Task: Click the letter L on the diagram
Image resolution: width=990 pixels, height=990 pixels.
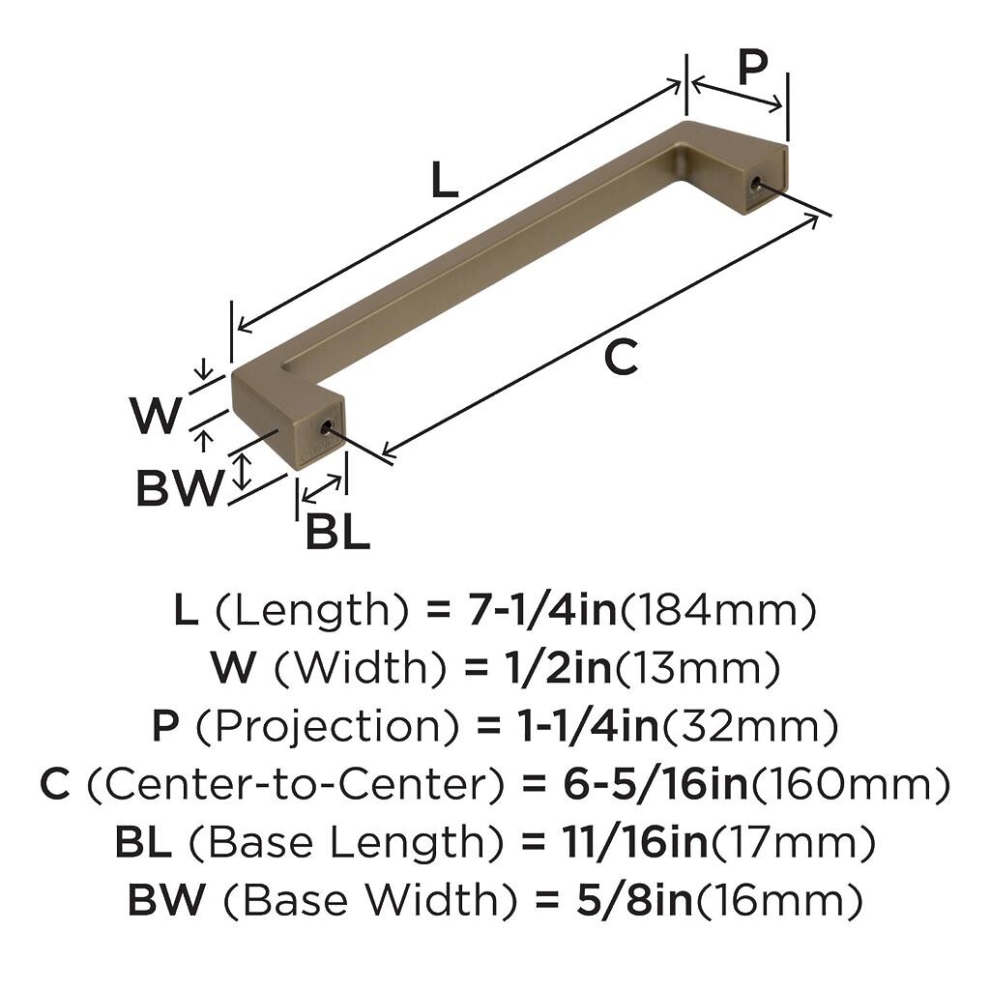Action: tap(445, 180)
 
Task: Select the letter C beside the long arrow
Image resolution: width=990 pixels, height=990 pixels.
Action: tap(621, 358)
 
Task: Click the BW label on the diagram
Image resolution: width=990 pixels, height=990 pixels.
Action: tap(180, 488)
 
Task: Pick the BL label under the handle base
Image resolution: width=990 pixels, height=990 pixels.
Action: tap(337, 532)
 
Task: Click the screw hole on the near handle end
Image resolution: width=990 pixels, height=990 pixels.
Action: tap(326, 429)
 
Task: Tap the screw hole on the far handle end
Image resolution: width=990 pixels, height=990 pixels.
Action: tap(754, 184)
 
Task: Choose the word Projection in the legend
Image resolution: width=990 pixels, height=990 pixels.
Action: tap(326, 727)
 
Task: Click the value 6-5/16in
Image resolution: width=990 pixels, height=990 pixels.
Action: tap(655, 785)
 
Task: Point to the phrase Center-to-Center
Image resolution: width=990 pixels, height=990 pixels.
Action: tap(296, 785)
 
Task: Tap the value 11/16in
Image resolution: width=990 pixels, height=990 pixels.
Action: tap(635, 843)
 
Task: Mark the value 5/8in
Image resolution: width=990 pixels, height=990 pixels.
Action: tap(634, 901)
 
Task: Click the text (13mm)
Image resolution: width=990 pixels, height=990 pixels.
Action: tap(697, 669)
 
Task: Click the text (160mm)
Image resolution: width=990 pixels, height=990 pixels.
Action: tap(850, 785)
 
